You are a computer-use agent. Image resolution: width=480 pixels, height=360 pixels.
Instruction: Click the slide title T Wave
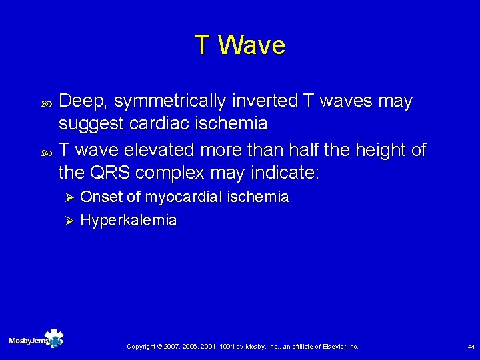tap(240, 45)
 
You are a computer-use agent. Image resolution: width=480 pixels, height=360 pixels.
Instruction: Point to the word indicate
tap(285, 173)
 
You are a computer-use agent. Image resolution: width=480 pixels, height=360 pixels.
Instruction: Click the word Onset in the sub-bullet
tap(100, 197)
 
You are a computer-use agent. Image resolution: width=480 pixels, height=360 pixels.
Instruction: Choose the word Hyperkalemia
tap(128, 221)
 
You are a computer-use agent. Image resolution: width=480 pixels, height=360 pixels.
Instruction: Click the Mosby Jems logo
tap(37, 340)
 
